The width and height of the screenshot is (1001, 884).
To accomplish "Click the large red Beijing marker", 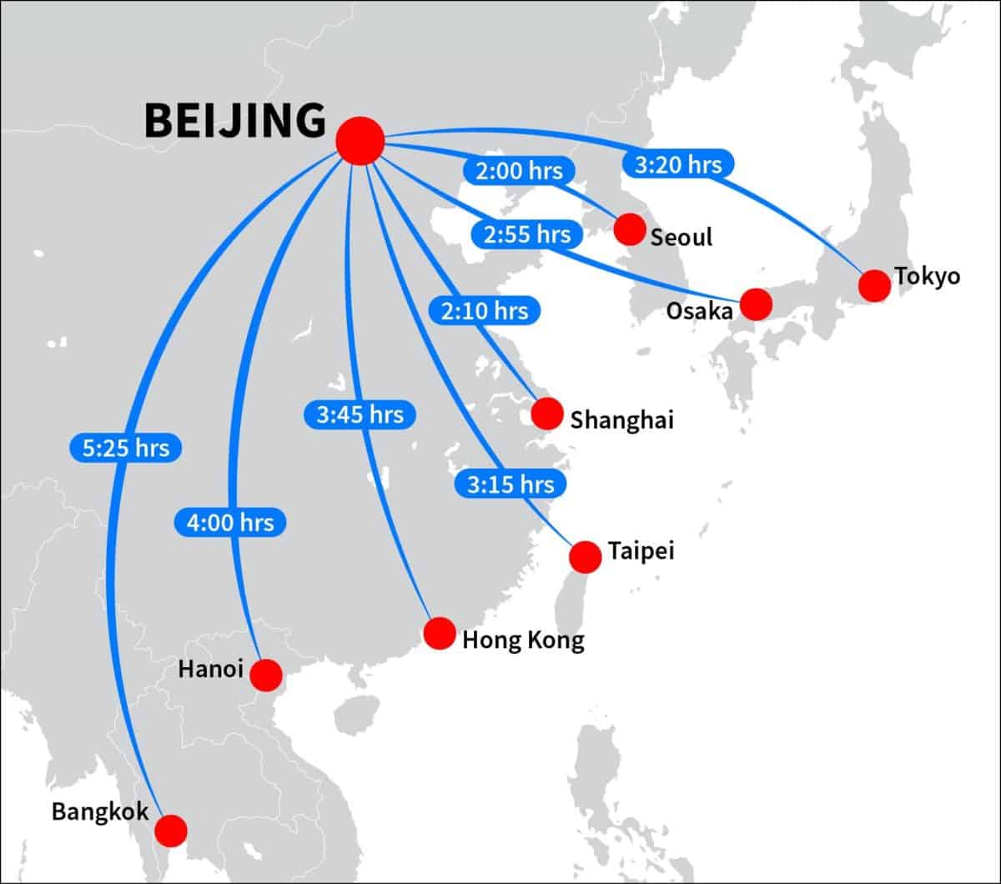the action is (x=360, y=140).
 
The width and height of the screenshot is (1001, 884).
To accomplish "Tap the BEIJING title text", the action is (x=235, y=121).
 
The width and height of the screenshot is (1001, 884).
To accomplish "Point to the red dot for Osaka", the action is (x=756, y=304).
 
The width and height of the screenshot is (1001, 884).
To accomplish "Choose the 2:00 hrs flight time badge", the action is (x=519, y=172).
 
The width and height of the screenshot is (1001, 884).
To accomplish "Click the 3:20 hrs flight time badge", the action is (x=677, y=164).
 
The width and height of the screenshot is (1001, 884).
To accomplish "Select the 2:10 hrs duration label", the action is (x=485, y=311).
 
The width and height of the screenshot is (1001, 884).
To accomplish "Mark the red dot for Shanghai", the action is (x=546, y=414).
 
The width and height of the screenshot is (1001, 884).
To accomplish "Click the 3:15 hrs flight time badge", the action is (x=511, y=484).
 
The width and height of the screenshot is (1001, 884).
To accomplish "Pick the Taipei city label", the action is (x=641, y=551).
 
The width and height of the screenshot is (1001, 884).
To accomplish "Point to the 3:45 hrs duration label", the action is (x=360, y=414).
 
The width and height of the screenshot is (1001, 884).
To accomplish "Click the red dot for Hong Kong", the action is (x=439, y=633).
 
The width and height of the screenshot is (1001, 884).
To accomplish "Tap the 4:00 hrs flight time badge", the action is (x=230, y=523).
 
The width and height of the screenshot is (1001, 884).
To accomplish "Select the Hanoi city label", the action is (x=211, y=669).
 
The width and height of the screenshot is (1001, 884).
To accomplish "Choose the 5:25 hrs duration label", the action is (x=125, y=448).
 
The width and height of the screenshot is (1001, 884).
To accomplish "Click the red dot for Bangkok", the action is (x=171, y=830).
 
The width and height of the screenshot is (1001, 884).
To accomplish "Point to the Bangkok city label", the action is (x=100, y=811).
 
